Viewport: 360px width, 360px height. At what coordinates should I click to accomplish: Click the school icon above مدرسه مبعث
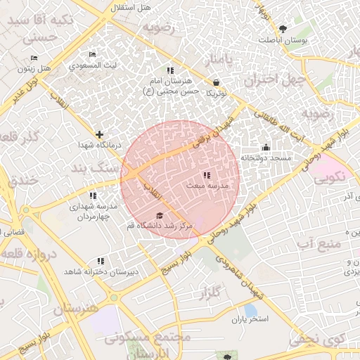point(206,174)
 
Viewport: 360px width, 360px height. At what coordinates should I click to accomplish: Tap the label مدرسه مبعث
point(206,186)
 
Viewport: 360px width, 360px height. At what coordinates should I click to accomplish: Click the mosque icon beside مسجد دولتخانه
point(266,148)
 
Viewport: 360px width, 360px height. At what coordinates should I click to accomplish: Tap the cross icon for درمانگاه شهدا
point(99,134)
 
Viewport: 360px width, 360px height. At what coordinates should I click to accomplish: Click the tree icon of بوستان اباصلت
point(283,29)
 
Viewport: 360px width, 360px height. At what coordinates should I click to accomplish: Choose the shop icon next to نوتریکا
point(214,82)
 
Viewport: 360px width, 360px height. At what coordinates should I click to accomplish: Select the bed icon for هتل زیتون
point(34,58)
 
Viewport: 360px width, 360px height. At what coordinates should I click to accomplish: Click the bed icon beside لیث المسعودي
point(92,55)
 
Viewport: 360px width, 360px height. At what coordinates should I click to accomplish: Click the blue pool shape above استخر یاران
point(250,309)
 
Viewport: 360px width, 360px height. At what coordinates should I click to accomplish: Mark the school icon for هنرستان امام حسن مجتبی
point(169,71)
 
